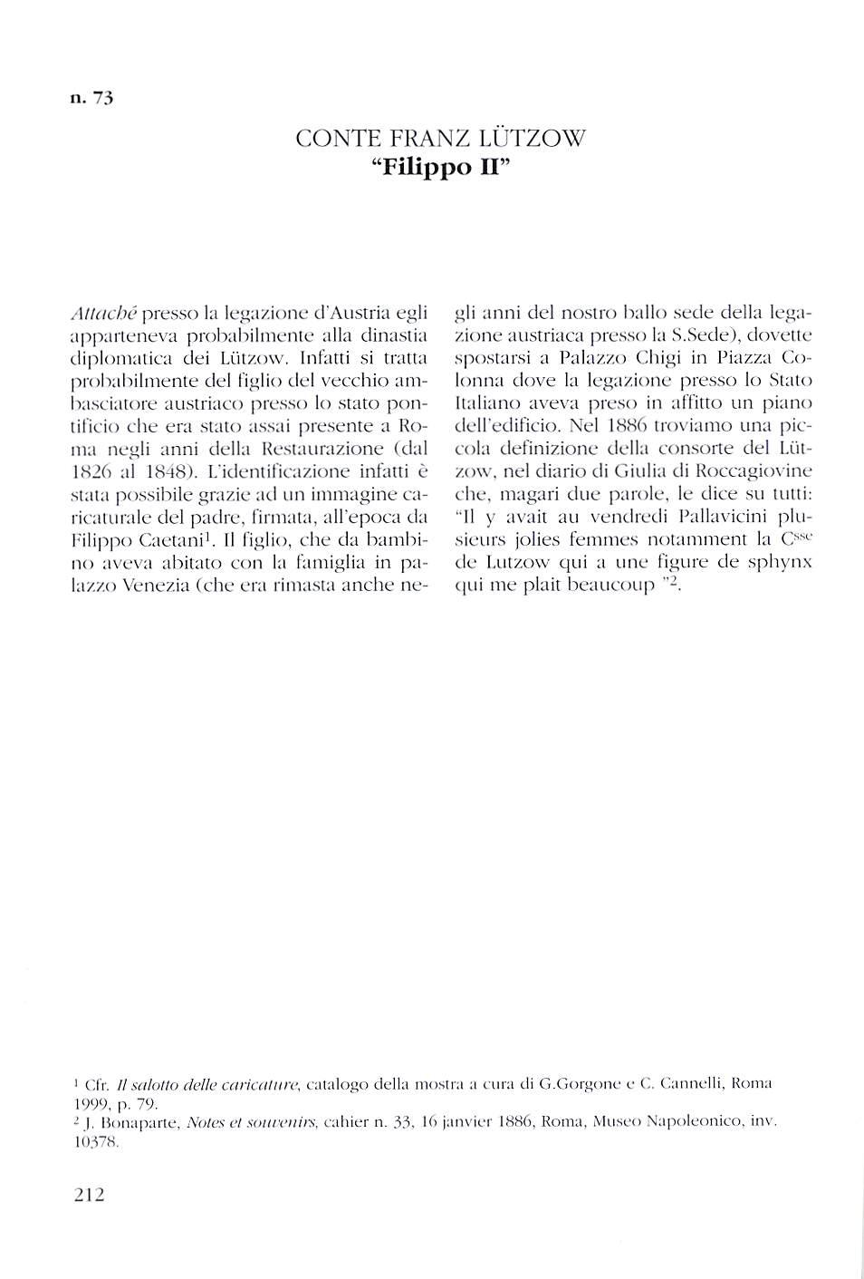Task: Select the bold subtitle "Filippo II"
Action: pyautogui.click(x=441, y=170)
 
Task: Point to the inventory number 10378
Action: pyautogui.click(x=95, y=1143)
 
